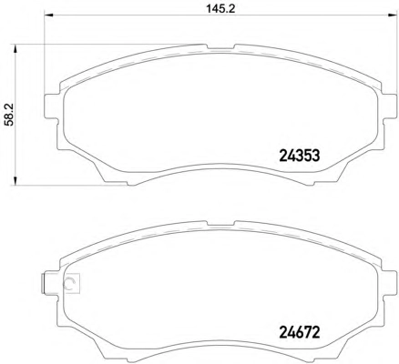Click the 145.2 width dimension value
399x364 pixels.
pos(221,8)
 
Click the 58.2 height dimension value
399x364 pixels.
pos(10,115)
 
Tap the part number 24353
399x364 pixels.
pos(300,156)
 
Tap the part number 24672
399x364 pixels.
pos(300,333)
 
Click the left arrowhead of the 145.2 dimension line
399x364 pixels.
pos(49,15)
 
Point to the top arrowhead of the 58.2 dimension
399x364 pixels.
pos(15,49)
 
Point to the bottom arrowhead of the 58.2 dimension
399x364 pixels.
pos(15,180)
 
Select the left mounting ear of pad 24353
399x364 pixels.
pos(52,106)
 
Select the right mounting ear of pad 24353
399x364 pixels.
pos(390,106)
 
